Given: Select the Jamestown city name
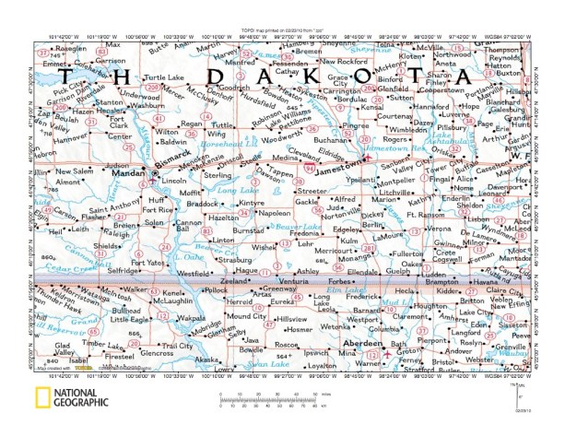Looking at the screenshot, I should coord(337,171).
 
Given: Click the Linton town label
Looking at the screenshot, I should coord(224,240).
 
